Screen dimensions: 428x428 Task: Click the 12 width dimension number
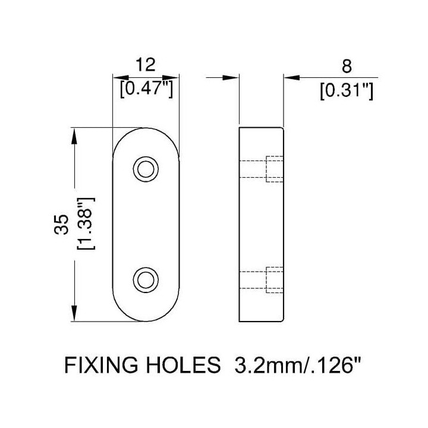point(146,65)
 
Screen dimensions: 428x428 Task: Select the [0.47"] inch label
point(146,89)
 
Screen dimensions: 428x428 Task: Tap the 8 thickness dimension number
point(347,67)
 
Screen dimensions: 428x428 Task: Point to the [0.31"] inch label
point(347,90)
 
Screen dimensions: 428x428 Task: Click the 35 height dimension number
point(61,224)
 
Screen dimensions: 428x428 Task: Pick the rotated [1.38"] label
point(86,223)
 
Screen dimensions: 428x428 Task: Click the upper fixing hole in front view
point(146,169)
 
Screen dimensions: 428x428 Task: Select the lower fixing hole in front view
point(146,280)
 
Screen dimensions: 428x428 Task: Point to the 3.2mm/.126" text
point(298,364)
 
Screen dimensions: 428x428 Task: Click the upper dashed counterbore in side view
point(274,169)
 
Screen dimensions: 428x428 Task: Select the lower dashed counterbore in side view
point(274,280)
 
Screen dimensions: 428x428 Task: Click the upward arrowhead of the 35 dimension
point(74,136)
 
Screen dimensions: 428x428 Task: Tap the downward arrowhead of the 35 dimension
point(74,313)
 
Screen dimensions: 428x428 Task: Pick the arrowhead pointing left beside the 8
point(291,78)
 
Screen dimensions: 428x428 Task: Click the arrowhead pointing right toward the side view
point(231,78)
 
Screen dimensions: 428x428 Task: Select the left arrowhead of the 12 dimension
point(121,78)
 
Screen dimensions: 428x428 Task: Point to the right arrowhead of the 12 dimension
point(171,78)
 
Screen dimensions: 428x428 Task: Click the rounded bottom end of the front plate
point(146,321)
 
